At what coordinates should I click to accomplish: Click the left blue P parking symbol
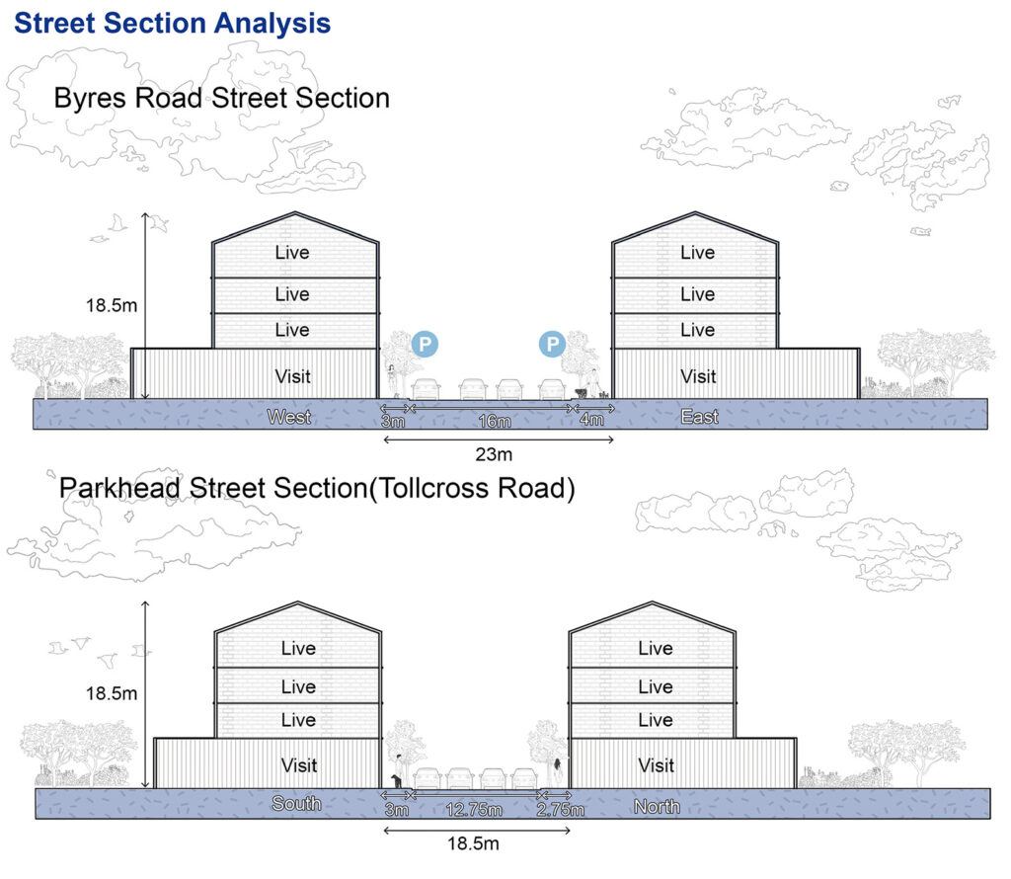[425, 344]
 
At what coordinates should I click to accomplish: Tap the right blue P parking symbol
[553, 344]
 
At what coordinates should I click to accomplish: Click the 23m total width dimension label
[494, 454]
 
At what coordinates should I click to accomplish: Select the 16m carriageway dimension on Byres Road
[495, 421]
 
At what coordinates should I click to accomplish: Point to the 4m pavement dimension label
[592, 420]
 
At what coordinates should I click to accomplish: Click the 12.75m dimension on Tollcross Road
[474, 809]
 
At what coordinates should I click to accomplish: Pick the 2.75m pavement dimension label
[561, 809]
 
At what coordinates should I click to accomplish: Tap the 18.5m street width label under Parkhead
[473, 843]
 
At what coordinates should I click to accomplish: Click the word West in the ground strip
[289, 417]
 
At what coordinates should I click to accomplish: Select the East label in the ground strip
[700, 417]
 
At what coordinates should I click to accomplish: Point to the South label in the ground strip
[296, 804]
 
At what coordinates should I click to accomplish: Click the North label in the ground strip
[657, 807]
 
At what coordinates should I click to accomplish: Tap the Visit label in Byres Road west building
[292, 376]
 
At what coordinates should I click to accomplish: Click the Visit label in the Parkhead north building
[657, 765]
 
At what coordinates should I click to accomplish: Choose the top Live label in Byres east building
[698, 253]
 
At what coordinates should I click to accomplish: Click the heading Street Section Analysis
[172, 24]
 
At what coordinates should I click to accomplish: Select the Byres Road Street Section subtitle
[222, 99]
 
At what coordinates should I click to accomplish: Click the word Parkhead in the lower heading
[119, 488]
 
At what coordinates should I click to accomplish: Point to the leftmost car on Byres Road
[426, 390]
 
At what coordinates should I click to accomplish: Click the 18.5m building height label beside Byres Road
[112, 306]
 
